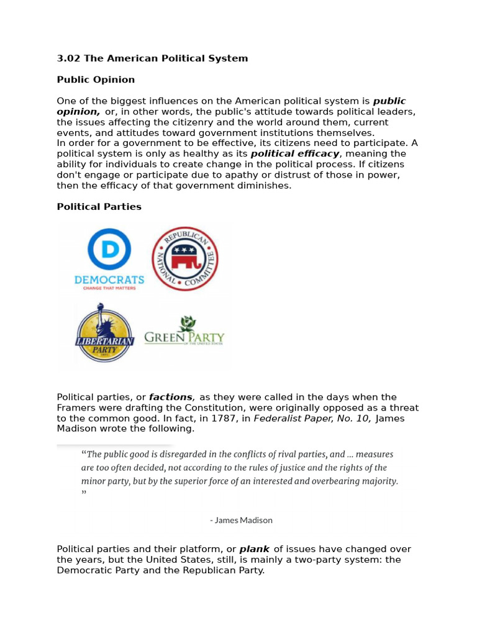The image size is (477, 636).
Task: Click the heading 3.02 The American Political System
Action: coord(152,58)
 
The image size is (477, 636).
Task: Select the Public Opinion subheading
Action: coord(96,79)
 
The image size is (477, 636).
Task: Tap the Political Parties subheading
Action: coord(99,206)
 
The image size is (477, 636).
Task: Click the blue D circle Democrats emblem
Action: coord(109,249)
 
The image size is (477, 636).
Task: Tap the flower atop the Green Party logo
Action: coord(186,323)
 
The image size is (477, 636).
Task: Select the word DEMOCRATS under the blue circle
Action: coord(109,280)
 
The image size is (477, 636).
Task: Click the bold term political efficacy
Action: coord(295,153)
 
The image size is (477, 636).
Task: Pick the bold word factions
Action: coord(171,397)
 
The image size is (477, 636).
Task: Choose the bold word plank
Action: coord(255,549)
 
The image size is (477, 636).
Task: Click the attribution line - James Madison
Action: coord(241,520)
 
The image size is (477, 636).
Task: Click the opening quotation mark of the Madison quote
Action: coord(83,454)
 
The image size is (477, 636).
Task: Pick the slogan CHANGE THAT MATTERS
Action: coord(109,289)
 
